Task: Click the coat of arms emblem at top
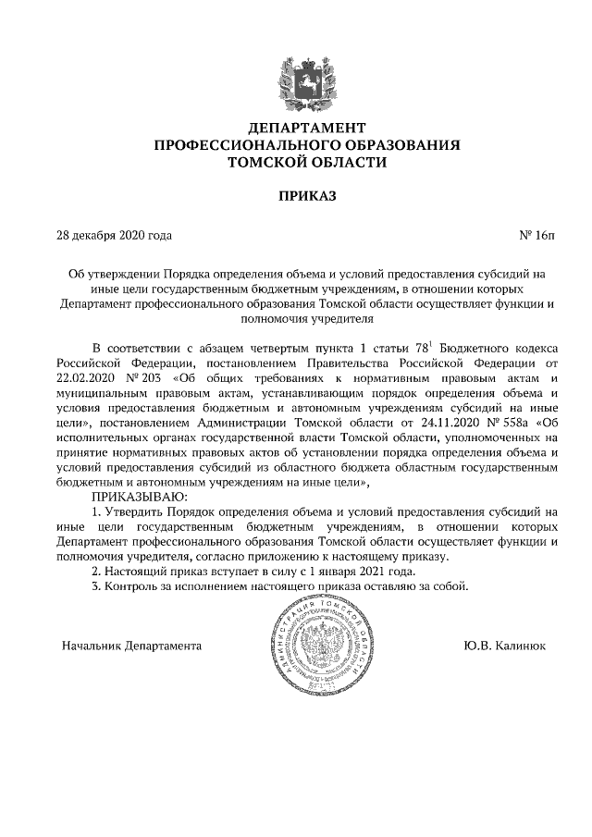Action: tap(296, 79)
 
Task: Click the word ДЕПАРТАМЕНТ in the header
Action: tap(296, 127)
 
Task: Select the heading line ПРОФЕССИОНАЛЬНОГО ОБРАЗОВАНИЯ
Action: tap(296, 144)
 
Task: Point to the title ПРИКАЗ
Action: tap(296, 197)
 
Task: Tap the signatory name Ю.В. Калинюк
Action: tap(505, 645)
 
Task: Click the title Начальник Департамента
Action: tap(130, 645)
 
